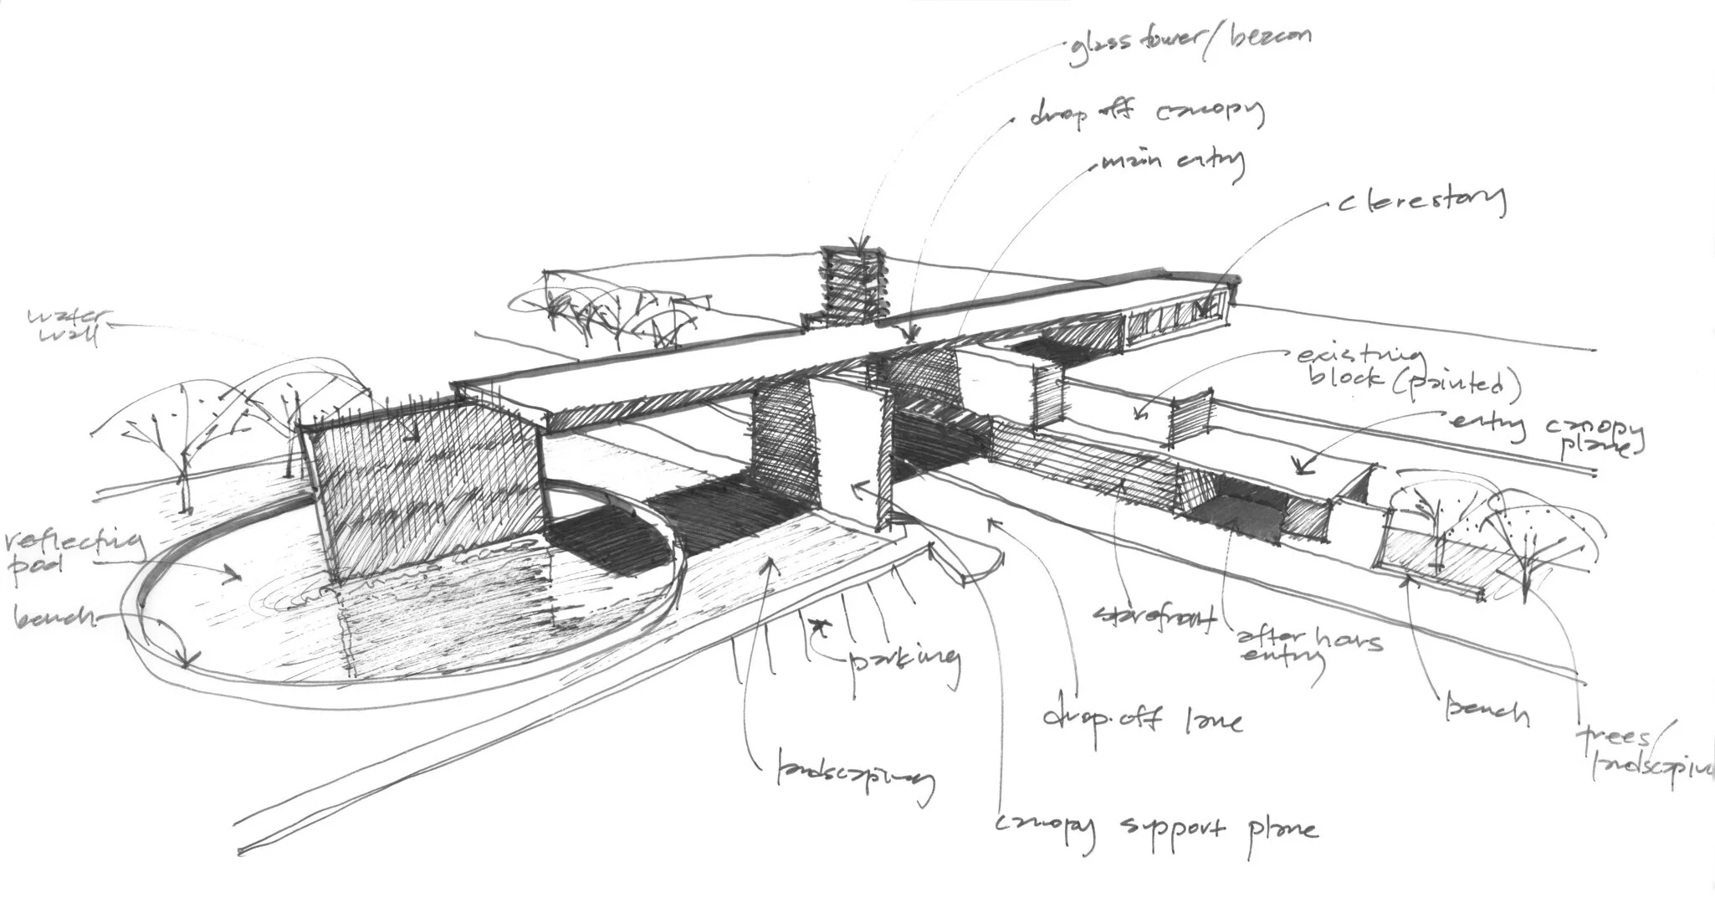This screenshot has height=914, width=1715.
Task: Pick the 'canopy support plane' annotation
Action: click(1155, 829)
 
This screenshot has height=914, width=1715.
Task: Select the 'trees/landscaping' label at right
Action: click(1640, 753)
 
